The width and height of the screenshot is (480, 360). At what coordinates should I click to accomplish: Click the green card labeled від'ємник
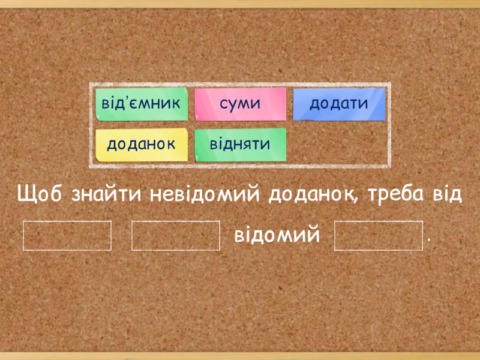(142, 104)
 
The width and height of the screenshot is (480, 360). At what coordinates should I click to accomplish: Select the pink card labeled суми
(241, 104)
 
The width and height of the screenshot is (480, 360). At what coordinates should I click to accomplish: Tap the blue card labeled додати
(339, 104)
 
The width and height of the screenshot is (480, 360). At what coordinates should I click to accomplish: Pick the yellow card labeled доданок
(142, 145)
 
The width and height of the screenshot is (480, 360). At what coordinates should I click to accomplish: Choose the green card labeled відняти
(241, 145)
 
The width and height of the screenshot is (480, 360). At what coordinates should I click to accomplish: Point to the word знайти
(106, 194)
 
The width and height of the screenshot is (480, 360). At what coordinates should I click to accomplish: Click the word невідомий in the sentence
(205, 194)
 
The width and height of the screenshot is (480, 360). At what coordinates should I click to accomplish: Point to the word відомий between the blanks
(277, 235)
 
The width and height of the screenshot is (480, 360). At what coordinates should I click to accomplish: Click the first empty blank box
(67, 236)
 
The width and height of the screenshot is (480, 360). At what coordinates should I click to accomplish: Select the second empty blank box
(176, 236)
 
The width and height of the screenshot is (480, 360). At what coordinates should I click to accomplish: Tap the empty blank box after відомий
(379, 236)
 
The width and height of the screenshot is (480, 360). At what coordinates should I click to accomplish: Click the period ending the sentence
(428, 241)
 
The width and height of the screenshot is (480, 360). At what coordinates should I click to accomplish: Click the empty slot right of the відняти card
(339, 145)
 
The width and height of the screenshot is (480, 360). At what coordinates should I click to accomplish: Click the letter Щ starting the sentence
(24, 194)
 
